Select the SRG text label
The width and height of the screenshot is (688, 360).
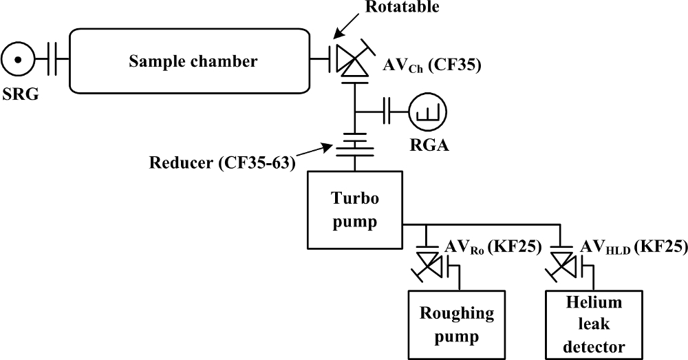(x=20, y=93)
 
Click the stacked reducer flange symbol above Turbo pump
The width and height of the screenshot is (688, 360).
(x=355, y=144)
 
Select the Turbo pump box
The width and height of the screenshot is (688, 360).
(x=355, y=209)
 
